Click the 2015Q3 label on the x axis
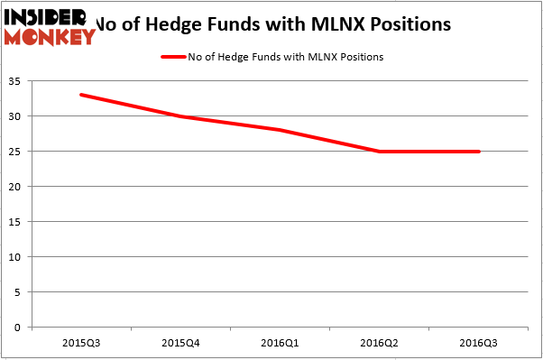(x=80, y=343)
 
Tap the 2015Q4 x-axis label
(x=180, y=343)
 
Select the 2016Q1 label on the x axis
(x=280, y=343)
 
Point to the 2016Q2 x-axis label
(x=380, y=343)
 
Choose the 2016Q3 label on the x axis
(x=479, y=343)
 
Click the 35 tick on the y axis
(x=18, y=81)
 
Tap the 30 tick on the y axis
(x=18, y=116)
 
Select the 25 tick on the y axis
(x=18, y=152)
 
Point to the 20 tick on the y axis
(x=18, y=187)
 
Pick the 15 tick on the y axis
(x=18, y=222)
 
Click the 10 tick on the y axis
(x=18, y=257)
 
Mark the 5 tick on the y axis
(x=21, y=292)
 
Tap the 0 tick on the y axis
(x=21, y=328)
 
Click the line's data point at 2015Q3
(x=80, y=95)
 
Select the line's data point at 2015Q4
(x=180, y=116)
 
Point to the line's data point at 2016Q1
(x=280, y=130)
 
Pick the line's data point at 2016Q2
(x=380, y=152)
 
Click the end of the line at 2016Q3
(x=479, y=152)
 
